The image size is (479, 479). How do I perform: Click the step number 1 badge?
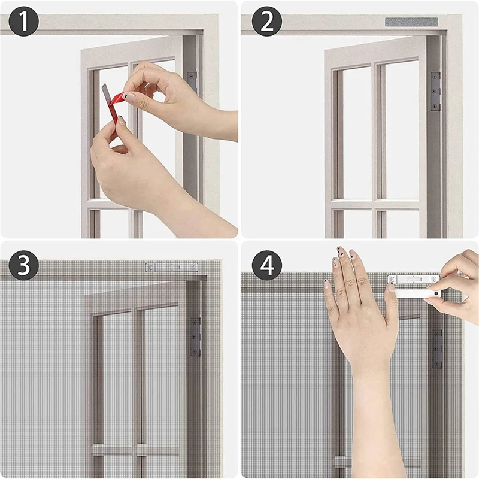point(23,21)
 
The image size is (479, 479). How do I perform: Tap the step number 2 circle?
point(266,21)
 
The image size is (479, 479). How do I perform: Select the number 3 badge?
point(23,265)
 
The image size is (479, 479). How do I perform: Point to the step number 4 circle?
point(266,265)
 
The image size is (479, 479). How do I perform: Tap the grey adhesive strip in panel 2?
point(411,22)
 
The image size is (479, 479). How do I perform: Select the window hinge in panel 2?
point(435,91)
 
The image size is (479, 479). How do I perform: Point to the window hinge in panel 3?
point(195,336)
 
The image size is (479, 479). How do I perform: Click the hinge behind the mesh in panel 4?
point(437,348)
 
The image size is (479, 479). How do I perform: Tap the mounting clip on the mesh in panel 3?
point(172,267)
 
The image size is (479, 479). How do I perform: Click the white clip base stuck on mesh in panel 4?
point(414,279)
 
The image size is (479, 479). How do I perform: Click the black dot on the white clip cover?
point(436,293)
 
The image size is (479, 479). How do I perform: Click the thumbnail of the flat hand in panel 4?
point(391,287)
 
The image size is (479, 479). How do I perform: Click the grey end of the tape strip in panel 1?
point(104,90)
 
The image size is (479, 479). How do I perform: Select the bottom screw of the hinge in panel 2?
point(435,107)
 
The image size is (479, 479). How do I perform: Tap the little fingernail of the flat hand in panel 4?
point(326,284)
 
